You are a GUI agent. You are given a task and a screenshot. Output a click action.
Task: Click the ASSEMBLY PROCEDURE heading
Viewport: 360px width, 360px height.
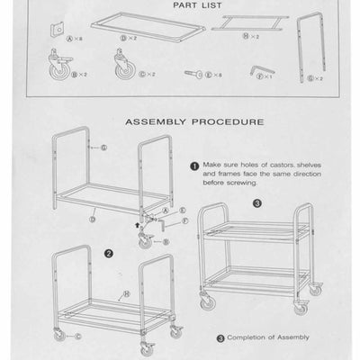193,119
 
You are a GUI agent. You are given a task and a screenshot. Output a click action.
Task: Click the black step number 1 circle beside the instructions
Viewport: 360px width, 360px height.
193,166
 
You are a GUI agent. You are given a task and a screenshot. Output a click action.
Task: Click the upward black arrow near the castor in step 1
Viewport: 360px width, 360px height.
136,216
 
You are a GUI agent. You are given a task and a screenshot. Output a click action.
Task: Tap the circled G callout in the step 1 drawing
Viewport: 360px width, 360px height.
104,146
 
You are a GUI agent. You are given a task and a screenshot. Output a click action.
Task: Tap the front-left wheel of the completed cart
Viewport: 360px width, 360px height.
208,304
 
